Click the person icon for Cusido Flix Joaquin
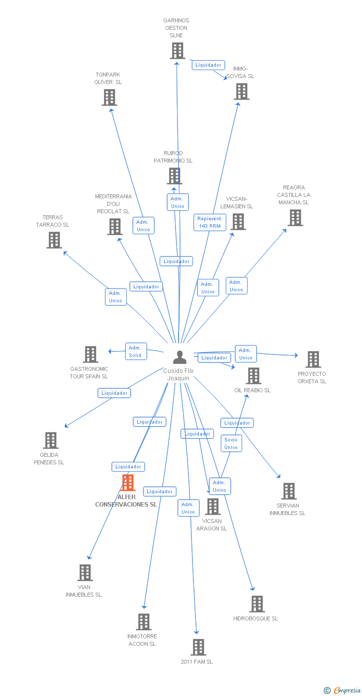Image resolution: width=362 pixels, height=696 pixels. tap(180, 357)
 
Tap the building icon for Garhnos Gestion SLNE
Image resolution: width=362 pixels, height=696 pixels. tap(178, 51)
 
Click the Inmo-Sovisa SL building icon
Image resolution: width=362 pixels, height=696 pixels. tap(242, 91)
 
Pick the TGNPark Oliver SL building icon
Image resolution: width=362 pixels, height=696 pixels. tap(109, 97)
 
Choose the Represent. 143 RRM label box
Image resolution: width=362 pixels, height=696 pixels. tap(210, 222)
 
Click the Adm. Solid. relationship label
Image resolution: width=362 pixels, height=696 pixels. tap(136, 351)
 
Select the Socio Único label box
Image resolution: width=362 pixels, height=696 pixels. tap(231, 443)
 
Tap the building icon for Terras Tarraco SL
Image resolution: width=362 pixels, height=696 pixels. tap(54, 240)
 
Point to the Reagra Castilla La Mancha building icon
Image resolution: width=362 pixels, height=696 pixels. tap(295, 218)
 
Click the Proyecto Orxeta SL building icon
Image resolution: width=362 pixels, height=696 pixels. tap(313, 359)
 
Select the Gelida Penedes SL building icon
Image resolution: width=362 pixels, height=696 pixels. tap(50, 440)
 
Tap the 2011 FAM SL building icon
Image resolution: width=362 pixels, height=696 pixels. tap(198, 647)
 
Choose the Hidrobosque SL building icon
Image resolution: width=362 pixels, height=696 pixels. tap(257, 604)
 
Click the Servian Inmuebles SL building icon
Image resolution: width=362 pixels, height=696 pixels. tap(288, 491)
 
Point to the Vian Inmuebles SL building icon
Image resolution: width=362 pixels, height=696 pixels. tap(85, 573)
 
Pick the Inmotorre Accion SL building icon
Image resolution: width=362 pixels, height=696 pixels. tap(144, 622)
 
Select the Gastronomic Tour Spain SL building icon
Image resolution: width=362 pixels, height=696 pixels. tap(90, 354)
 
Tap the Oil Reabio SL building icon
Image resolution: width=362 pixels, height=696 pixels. tap(254, 376)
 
